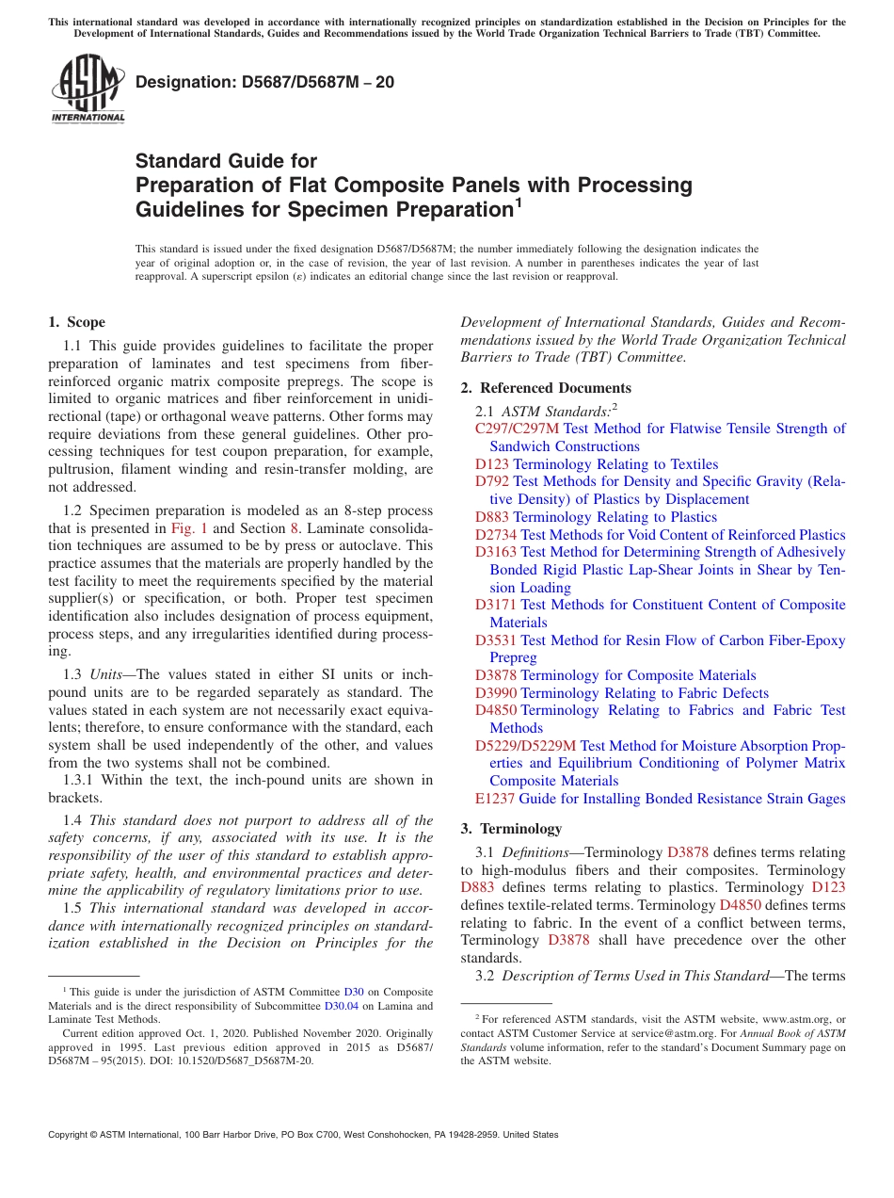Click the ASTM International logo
(88, 89)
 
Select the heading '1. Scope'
(77, 322)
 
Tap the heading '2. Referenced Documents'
(546, 388)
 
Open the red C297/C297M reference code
(517, 429)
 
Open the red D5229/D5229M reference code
(525, 746)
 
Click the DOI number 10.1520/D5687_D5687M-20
(238, 1060)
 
